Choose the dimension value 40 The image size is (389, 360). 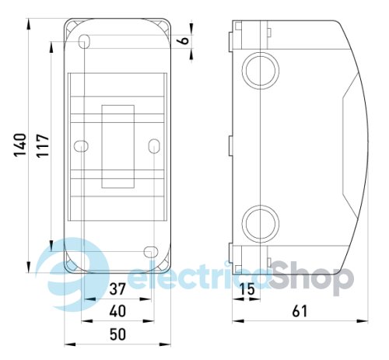point(117,312)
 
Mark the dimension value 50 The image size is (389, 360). point(117,335)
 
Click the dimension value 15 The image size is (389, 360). point(247,291)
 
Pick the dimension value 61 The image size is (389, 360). point(300,311)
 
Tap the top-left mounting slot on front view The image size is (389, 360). point(85,42)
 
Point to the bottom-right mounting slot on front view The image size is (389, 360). point(149,250)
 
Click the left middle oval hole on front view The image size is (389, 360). point(79,145)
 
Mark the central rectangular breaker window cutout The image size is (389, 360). point(116,145)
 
